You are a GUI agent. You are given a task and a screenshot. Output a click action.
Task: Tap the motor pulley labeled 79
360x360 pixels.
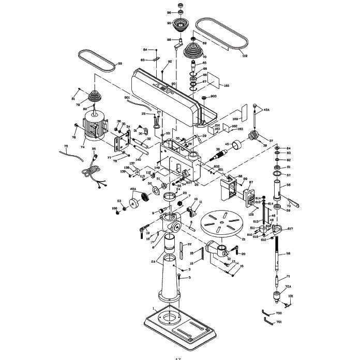click(x=95, y=97)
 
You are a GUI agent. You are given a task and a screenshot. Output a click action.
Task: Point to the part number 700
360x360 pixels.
click(x=279, y=313)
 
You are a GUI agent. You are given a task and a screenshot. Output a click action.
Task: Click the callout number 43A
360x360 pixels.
click(x=267, y=110)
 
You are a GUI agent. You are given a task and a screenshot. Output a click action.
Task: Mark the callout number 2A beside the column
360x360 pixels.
click(x=153, y=262)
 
